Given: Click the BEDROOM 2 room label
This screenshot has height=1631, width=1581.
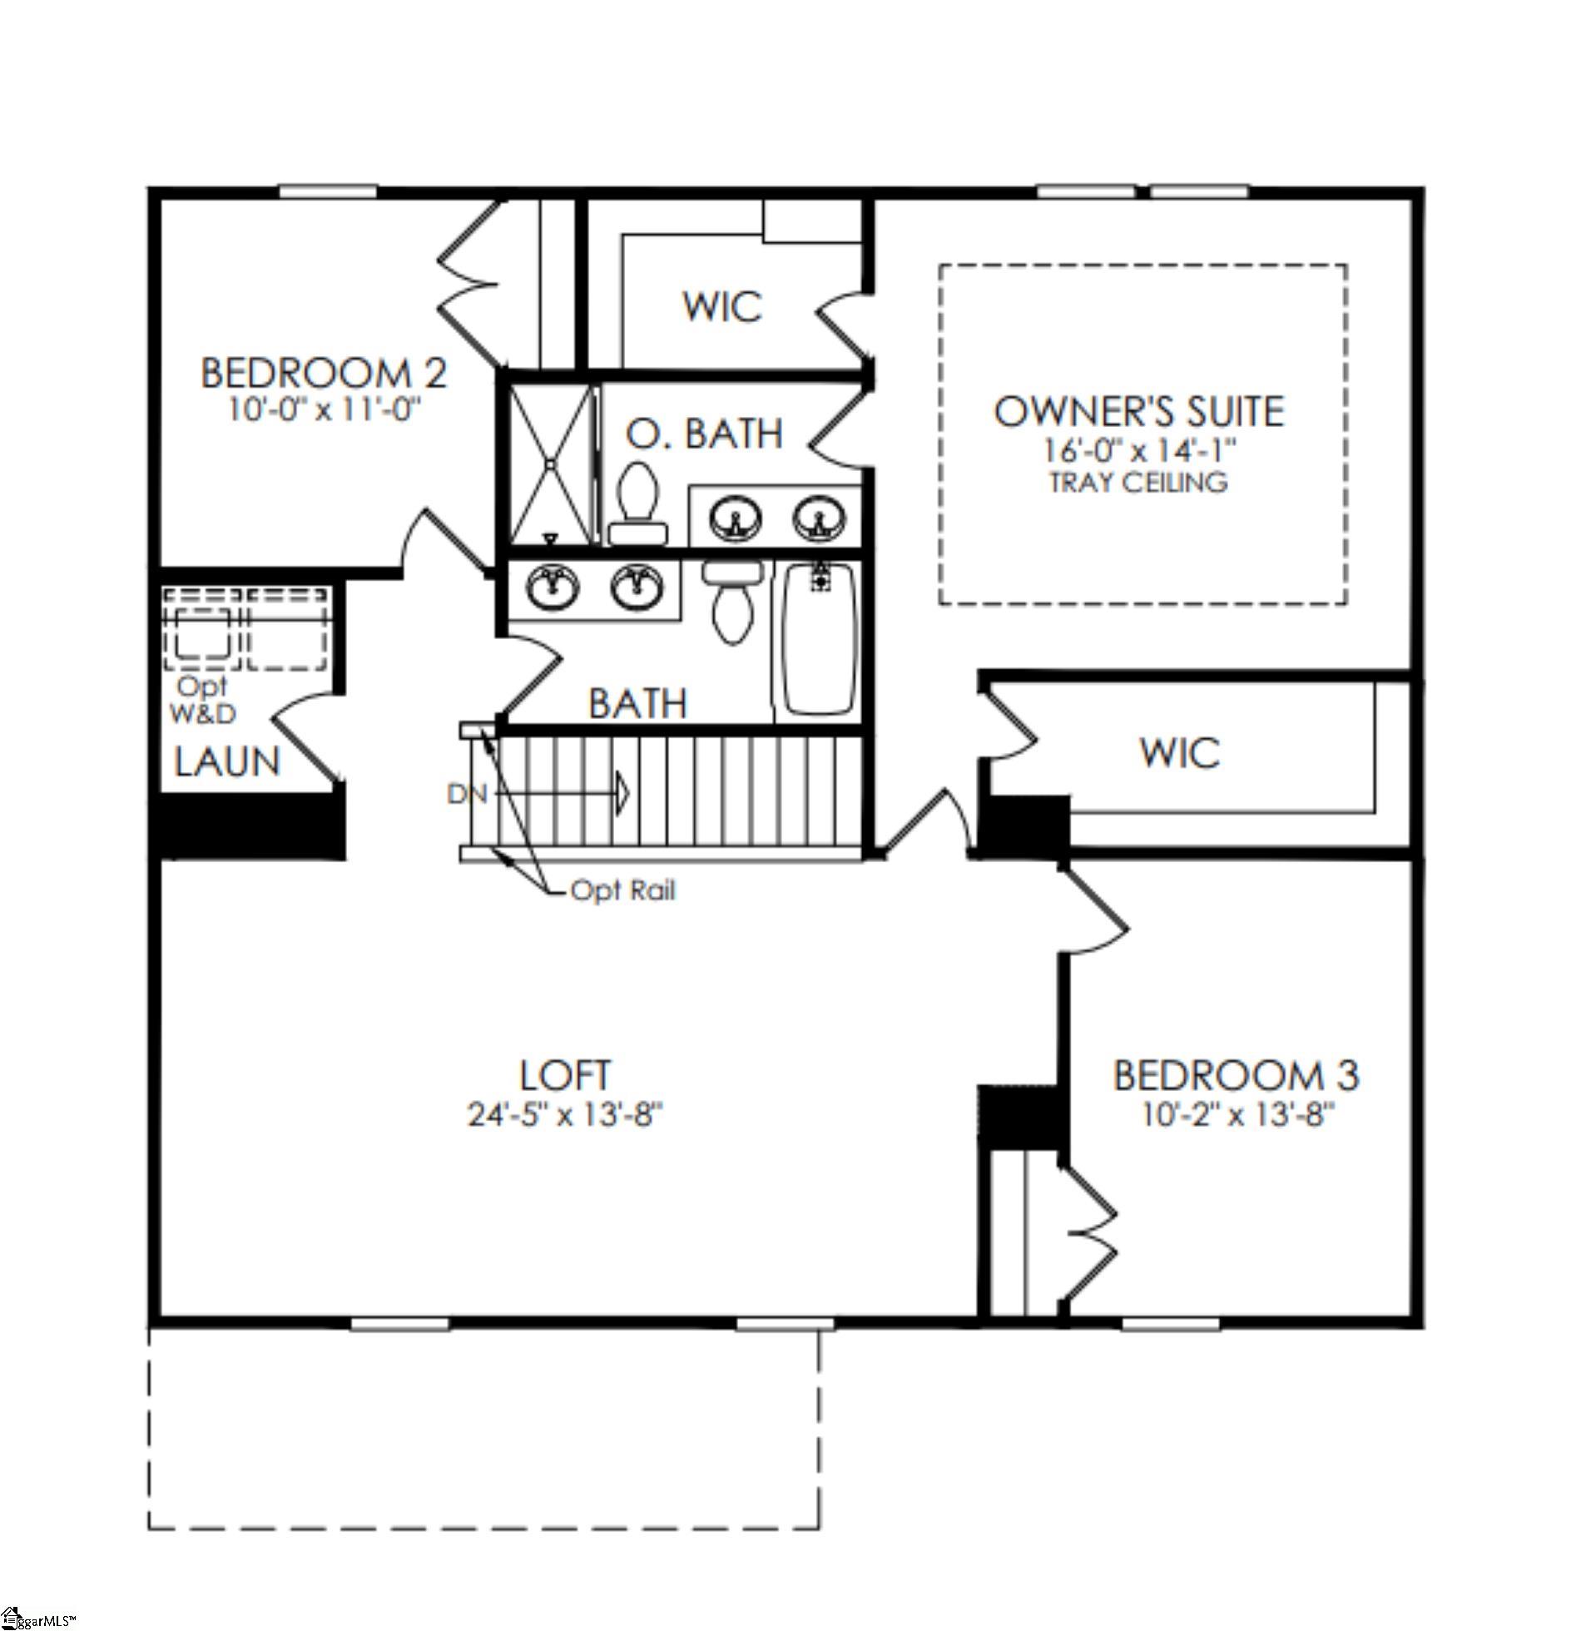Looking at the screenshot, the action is pos(324,373).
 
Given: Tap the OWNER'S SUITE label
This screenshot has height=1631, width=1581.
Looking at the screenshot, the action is pos(1139,411).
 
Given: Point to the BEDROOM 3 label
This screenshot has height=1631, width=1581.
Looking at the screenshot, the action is pos(1236,1074).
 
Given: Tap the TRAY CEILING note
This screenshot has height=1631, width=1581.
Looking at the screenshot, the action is pos(1138,483).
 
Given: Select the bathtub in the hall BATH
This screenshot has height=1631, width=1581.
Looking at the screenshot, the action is pos(820,638).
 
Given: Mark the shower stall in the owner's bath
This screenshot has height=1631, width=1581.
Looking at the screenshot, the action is pos(550,464).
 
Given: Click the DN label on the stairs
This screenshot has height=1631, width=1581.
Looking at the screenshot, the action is pos(467,794).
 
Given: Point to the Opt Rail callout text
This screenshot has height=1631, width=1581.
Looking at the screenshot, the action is pos(622,890).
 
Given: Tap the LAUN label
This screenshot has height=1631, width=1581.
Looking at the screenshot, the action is pos(227,761).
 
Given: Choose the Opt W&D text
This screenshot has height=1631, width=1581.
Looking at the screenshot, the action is pos(202,700).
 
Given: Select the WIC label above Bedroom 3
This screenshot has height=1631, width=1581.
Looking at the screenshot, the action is pos(1179,753).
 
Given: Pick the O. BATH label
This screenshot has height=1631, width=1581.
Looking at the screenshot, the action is pos(704,434).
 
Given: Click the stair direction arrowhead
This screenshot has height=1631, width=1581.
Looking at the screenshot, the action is pos(622,794).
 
